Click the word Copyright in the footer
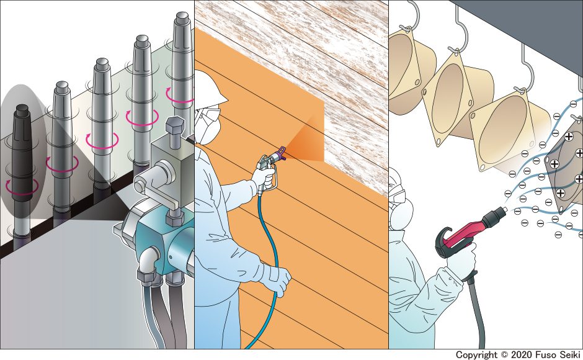point(476,355)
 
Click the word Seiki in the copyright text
point(569,355)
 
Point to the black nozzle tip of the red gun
point(497,215)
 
